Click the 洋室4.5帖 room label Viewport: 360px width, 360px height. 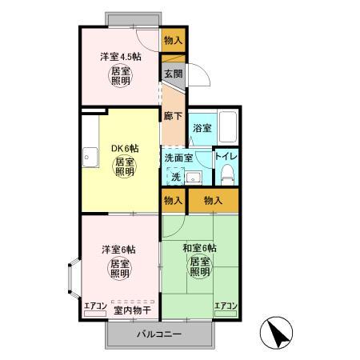coord(121,57)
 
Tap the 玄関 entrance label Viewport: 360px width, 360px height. coord(174,74)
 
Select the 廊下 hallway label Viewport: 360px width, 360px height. coord(172,115)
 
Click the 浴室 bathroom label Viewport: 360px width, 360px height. coord(202,127)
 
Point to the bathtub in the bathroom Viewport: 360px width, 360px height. coord(229,126)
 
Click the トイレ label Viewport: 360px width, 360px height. coord(226,156)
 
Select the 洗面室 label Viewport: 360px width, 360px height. coord(178,158)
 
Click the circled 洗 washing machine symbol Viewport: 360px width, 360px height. coord(174,176)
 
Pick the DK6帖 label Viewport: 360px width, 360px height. coord(123,149)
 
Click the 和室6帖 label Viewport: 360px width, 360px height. coord(199,247)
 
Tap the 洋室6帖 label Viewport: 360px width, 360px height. coord(118,249)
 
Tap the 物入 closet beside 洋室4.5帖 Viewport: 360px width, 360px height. coord(173,39)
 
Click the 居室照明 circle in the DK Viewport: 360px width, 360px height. coord(124,167)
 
